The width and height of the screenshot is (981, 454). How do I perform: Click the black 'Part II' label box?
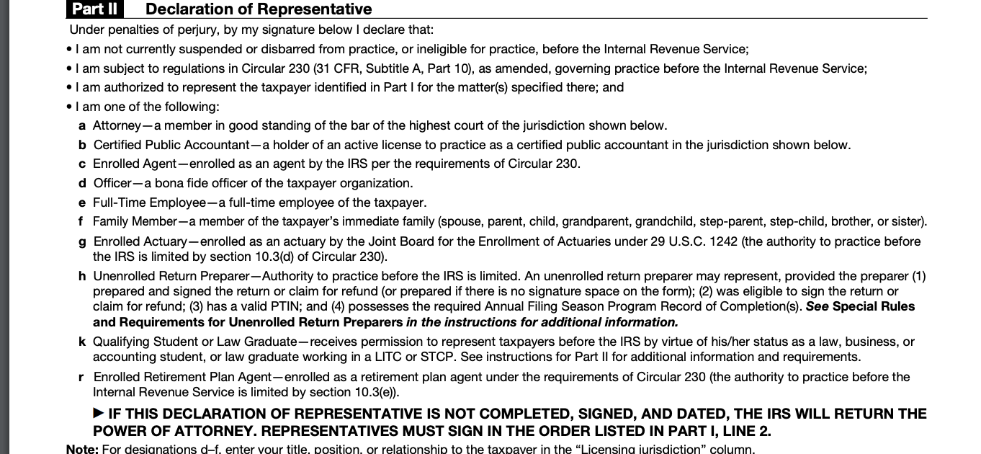[94, 9]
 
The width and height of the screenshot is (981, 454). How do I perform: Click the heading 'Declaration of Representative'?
[259, 9]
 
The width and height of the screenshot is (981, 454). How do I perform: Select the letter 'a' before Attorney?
[82, 125]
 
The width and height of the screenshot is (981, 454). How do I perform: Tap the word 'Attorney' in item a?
[117, 125]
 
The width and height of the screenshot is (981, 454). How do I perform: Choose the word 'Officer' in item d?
[112, 183]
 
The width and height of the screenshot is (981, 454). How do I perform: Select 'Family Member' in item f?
[135, 221]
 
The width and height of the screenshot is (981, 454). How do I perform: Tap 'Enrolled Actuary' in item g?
[140, 241]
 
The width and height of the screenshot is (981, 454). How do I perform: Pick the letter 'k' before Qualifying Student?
[82, 342]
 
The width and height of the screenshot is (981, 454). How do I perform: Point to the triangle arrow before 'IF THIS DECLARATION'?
[99, 414]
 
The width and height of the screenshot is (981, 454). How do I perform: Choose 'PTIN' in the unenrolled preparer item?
[332, 306]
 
